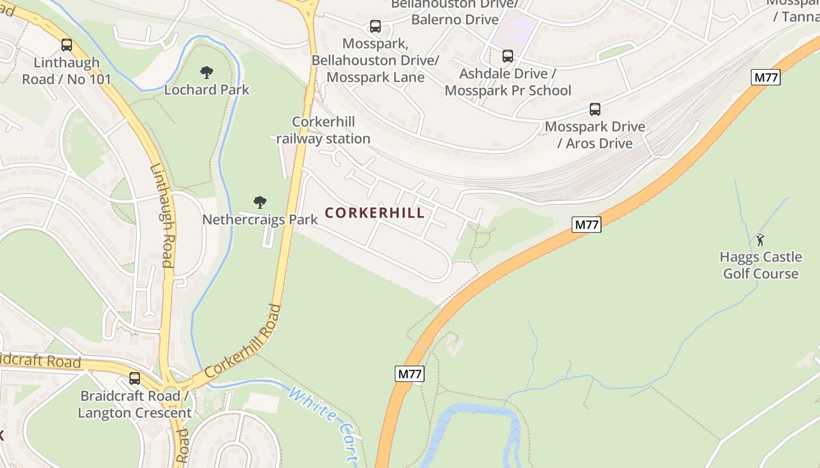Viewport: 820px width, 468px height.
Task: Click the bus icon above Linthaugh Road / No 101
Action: tap(67, 45)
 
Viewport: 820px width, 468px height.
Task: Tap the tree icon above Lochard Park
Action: tap(206, 73)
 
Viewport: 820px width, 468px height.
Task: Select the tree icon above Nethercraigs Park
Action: tap(260, 202)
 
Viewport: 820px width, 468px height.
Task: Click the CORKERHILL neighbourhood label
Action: tap(375, 213)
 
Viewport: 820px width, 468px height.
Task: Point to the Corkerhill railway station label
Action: tap(323, 130)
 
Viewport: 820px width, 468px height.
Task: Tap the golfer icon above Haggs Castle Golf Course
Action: tap(760, 240)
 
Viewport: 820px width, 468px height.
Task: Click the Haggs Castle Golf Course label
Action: tap(760, 266)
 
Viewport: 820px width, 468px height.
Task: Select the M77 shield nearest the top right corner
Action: tap(766, 77)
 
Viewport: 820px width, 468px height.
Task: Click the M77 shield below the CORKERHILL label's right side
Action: tap(586, 224)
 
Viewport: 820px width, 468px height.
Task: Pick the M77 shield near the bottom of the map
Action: tap(409, 374)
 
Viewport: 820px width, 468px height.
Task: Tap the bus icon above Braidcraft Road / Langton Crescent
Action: tap(135, 378)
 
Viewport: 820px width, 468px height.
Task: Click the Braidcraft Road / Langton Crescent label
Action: tap(135, 404)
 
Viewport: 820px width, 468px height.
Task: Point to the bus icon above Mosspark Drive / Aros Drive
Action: tap(595, 109)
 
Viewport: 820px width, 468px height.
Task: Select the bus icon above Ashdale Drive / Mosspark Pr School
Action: tap(508, 56)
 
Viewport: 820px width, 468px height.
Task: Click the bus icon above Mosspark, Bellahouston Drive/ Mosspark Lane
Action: tap(375, 26)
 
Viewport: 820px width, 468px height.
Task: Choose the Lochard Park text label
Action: tap(207, 90)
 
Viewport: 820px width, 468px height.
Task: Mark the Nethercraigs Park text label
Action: tap(260, 219)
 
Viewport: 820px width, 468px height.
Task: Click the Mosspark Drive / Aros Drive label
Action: tap(595, 135)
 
